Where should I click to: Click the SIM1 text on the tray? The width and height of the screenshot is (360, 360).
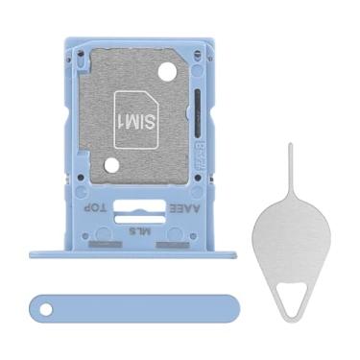pos(135,121)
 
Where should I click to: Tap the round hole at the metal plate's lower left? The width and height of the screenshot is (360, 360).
pos(111,165)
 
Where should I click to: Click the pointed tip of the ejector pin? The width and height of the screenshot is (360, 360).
pos(289,147)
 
